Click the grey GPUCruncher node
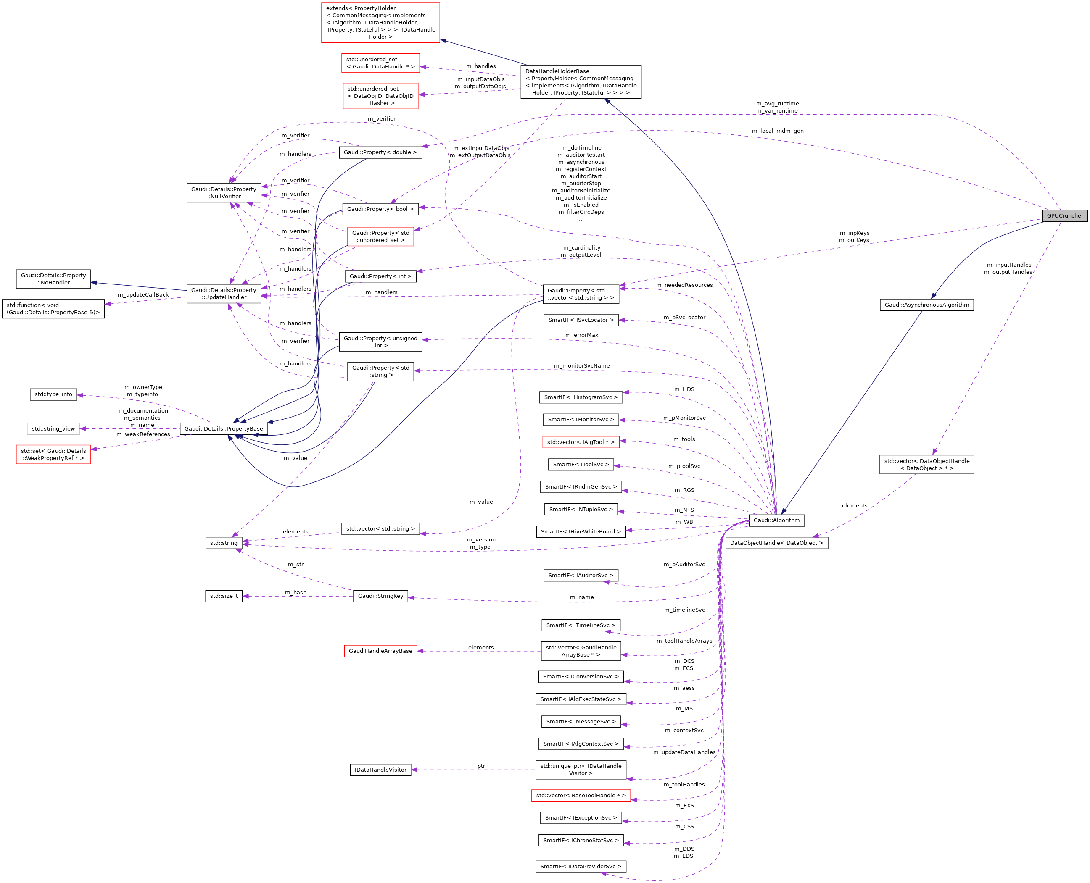click(x=1064, y=215)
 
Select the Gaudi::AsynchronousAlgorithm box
click(x=926, y=305)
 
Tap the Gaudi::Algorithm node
click(x=776, y=520)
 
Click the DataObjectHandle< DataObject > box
click(x=776, y=543)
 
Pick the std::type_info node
click(x=53, y=394)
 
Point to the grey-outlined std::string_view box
click(x=53, y=429)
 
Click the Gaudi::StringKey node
click(x=380, y=596)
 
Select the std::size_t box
click(x=223, y=596)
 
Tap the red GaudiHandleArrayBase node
click(x=380, y=651)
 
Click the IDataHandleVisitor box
click(x=380, y=770)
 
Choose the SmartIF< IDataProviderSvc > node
click(x=581, y=867)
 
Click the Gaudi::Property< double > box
click(x=380, y=152)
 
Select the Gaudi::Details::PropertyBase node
click(x=223, y=429)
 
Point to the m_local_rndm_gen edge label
click(x=778, y=131)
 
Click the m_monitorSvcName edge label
click(x=582, y=366)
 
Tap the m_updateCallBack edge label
click(x=143, y=294)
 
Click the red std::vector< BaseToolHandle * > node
click(x=581, y=796)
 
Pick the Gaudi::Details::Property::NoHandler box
click(x=53, y=279)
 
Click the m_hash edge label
click(x=296, y=593)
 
